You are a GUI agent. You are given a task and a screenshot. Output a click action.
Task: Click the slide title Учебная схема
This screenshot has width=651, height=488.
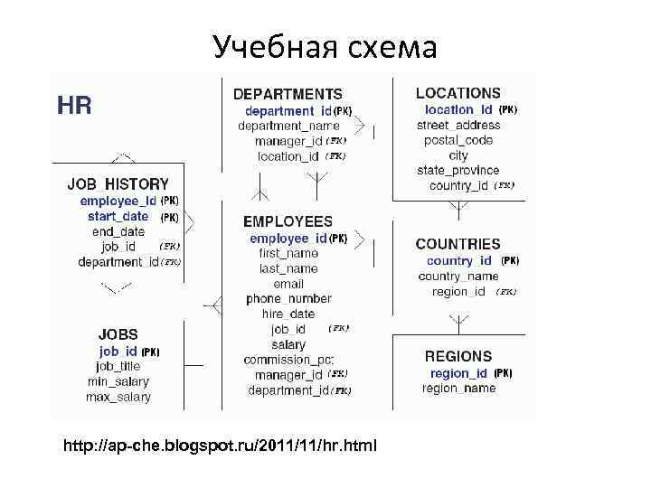pos(325,46)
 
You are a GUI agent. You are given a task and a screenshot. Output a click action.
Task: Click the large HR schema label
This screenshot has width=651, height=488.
pos(74,106)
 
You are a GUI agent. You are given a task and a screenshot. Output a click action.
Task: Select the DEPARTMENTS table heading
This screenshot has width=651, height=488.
pos(288,93)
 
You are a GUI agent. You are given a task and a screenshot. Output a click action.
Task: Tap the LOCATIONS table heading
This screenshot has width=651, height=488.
pos(458,93)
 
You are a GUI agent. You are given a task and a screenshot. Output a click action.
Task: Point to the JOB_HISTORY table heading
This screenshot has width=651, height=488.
pos(118,183)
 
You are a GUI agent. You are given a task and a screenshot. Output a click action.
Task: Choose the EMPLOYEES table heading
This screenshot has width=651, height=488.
pos(288,221)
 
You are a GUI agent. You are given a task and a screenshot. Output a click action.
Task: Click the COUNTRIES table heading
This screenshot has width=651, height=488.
pos(458,244)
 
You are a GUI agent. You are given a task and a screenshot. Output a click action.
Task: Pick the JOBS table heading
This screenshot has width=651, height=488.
pos(118,334)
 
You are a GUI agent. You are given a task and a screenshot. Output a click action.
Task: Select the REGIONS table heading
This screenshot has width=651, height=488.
pos(458,356)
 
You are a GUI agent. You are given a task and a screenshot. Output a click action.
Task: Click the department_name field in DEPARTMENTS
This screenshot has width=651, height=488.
pos(288,127)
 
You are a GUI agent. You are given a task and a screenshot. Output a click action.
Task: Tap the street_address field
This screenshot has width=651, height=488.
pos(458,125)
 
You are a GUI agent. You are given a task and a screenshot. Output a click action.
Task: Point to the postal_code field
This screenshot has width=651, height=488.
pos(458,140)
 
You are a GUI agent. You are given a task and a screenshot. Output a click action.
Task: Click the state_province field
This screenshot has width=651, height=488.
pos(458,170)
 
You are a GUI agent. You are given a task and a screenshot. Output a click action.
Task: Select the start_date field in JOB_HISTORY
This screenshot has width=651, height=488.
pos(118,217)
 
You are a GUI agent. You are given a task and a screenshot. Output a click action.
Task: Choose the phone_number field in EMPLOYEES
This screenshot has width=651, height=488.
pos(288,298)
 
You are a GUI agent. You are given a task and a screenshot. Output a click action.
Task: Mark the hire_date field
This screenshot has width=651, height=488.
pos(288,314)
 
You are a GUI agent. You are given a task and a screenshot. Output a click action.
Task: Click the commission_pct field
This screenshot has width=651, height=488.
pos(288,360)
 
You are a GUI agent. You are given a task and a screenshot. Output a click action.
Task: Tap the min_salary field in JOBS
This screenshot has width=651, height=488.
pos(118,381)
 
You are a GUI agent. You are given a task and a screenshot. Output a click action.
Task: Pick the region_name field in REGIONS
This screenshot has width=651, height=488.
pos(458,389)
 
